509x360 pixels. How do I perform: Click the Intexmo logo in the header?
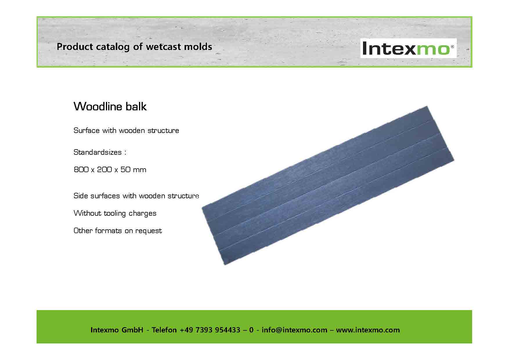(408, 48)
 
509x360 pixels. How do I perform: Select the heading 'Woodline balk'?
(110, 106)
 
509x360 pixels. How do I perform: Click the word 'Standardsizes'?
(98, 152)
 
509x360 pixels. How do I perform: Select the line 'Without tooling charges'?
(115, 213)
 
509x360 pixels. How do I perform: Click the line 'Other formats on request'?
(118, 231)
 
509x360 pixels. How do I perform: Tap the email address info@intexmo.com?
(294, 330)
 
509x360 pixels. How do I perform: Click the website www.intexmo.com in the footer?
(368, 330)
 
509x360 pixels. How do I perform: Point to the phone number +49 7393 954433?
(210, 330)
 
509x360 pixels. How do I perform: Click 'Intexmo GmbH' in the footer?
(117, 330)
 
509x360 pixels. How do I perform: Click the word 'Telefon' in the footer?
(164, 330)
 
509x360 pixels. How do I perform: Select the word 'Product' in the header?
(75, 46)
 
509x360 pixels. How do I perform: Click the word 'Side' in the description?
(81, 196)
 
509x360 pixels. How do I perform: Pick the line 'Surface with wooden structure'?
(126, 131)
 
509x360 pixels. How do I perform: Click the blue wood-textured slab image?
(328, 185)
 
